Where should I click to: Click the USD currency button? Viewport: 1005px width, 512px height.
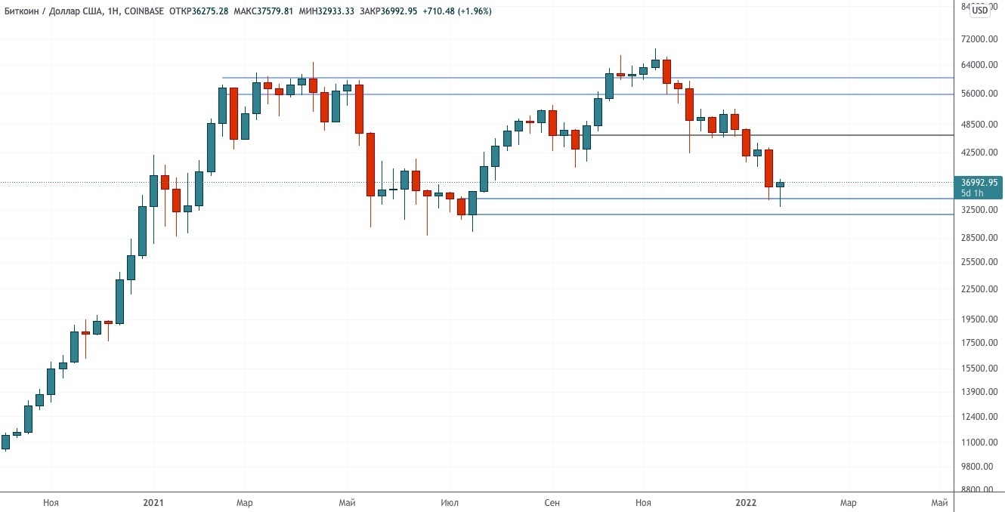pos(979,10)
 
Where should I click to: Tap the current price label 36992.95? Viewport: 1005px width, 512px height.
pos(979,183)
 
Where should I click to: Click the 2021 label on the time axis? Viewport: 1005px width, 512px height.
pos(153,502)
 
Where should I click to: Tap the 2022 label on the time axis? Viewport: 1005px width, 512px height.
pos(746,502)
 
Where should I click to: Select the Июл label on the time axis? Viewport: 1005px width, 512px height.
pos(449,502)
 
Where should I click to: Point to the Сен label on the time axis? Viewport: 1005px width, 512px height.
pos(552,502)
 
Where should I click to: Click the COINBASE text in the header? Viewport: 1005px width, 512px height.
pos(143,11)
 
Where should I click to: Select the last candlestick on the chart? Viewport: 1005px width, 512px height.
pos(780,185)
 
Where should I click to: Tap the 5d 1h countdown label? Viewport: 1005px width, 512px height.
pos(973,193)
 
